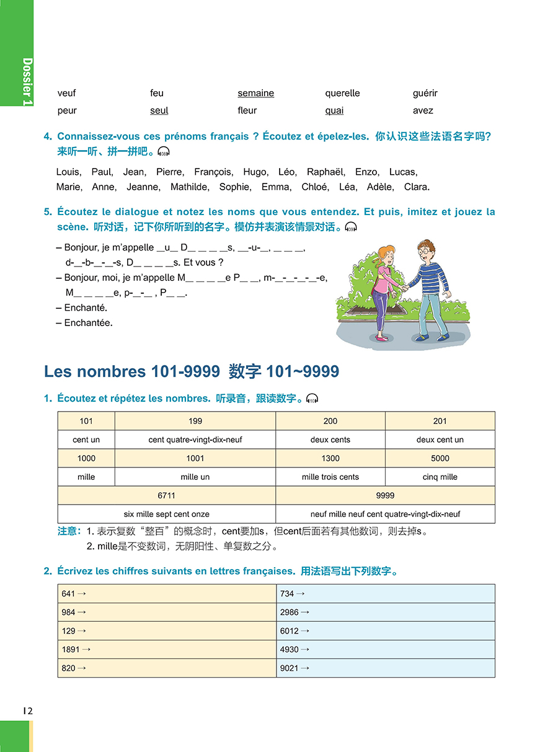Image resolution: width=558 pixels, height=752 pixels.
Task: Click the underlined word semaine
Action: [255, 93]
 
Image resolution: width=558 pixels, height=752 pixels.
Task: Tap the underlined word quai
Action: [334, 110]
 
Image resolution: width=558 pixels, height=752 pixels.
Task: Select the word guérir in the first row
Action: [425, 93]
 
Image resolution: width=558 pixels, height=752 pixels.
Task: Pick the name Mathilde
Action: [190, 187]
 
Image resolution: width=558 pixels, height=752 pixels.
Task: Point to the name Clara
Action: [416, 187]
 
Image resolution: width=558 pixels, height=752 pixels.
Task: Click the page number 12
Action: [26, 710]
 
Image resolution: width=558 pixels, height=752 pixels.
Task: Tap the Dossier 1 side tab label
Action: [27, 81]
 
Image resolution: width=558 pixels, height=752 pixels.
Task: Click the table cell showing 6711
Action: [166, 495]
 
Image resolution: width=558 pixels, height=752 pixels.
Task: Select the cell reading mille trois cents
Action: [330, 477]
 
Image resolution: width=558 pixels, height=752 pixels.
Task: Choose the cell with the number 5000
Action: [440, 458]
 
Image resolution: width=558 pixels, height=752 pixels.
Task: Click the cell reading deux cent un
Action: [440, 440]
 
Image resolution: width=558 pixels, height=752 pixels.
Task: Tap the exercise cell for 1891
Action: [166, 650]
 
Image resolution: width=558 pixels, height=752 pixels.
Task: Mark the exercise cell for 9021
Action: [385, 668]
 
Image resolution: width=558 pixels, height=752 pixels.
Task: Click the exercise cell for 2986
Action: [385, 613]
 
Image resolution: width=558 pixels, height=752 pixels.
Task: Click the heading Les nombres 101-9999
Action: [131, 371]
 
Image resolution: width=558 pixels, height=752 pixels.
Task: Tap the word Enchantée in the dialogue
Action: [88, 322]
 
